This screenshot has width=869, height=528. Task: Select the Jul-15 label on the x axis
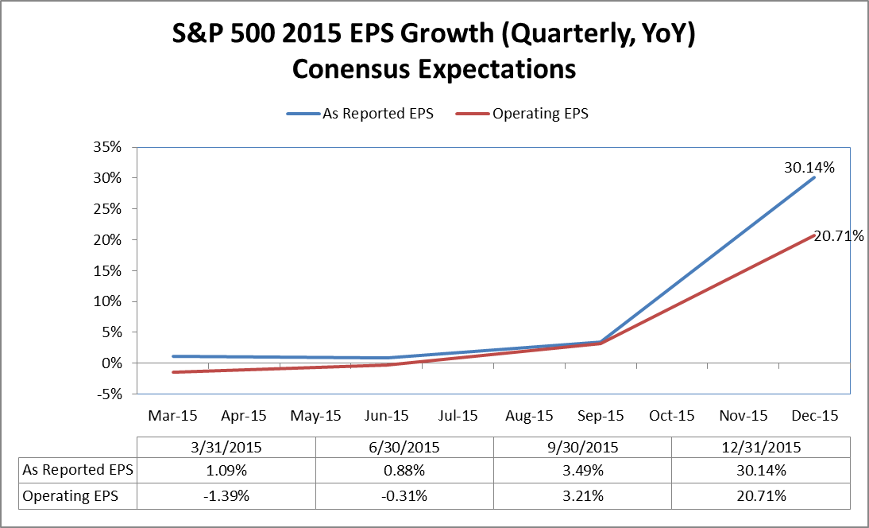(458, 415)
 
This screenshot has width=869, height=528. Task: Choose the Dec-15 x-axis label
(814, 415)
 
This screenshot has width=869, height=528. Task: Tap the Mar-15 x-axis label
(172, 415)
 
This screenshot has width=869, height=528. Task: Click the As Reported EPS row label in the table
(78, 470)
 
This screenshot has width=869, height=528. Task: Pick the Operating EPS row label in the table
(71, 496)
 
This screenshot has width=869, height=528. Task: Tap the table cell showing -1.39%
(226, 496)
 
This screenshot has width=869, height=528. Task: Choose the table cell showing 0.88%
(404, 470)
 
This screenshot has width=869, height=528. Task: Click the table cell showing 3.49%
(582, 470)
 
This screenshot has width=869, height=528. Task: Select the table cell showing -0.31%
(404, 496)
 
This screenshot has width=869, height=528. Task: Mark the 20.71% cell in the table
(761, 496)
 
